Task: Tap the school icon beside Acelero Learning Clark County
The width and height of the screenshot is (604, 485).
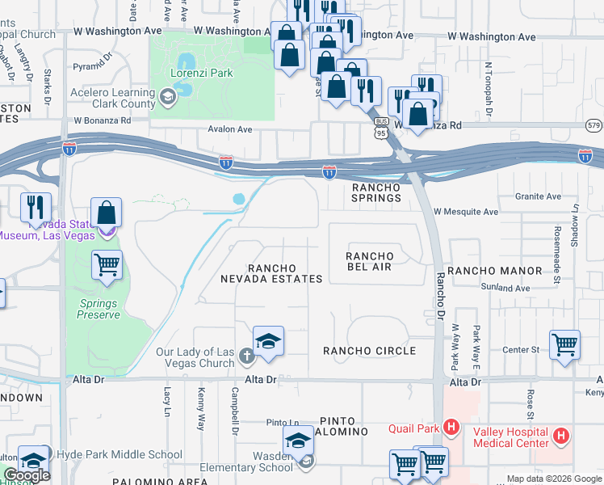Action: (167, 98)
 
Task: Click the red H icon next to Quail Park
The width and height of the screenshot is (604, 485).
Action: (451, 427)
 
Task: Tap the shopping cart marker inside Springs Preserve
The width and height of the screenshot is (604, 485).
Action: (107, 264)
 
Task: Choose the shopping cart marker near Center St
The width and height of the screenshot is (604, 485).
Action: (564, 344)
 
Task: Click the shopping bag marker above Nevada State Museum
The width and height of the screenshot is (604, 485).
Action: (107, 213)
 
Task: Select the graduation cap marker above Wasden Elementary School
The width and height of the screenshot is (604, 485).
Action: (298, 441)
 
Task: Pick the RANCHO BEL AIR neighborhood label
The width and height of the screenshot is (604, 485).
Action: (370, 263)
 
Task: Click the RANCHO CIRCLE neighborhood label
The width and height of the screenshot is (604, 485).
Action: (369, 351)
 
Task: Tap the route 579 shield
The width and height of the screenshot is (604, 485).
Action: (594, 125)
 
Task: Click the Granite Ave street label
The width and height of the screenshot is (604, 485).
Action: (542, 196)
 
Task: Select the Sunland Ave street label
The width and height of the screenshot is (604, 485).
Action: (505, 288)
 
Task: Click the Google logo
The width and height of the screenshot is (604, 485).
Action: (26, 475)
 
